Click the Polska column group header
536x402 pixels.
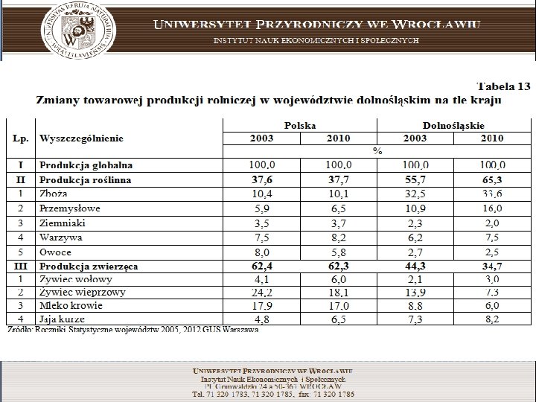299,126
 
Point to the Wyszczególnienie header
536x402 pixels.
82,138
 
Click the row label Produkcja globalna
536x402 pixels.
86,165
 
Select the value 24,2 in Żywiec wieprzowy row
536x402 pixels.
260,293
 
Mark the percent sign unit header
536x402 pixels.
377,151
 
